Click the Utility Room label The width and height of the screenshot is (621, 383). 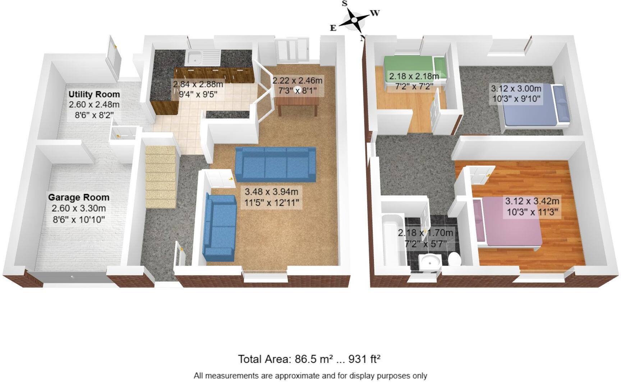[94, 94]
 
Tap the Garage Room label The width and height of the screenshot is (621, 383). [79, 197]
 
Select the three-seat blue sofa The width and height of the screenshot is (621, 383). [275, 164]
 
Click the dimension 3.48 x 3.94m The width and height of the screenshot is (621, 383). [272, 192]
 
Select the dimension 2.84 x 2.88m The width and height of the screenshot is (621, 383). [198, 84]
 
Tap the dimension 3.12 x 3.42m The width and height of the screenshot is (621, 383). [532, 201]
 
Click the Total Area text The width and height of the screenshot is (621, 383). [309, 359]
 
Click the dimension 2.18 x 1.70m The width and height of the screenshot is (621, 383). [425, 233]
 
